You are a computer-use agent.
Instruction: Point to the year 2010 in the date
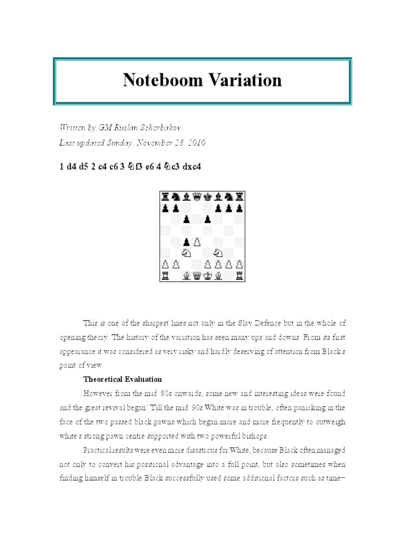click(x=195, y=142)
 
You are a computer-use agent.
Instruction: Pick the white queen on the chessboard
click(x=196, y=276)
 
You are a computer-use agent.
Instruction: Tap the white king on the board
click(x=207, y=276)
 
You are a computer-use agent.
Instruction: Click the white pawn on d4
click(x=196, y=243)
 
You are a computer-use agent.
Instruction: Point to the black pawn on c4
click(x=186, y=243)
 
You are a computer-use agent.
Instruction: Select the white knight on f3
click(x=218, y=254)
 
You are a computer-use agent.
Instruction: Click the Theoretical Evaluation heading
click(x=122, y=379)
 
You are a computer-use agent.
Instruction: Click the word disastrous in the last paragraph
click(x=189, y=450)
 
